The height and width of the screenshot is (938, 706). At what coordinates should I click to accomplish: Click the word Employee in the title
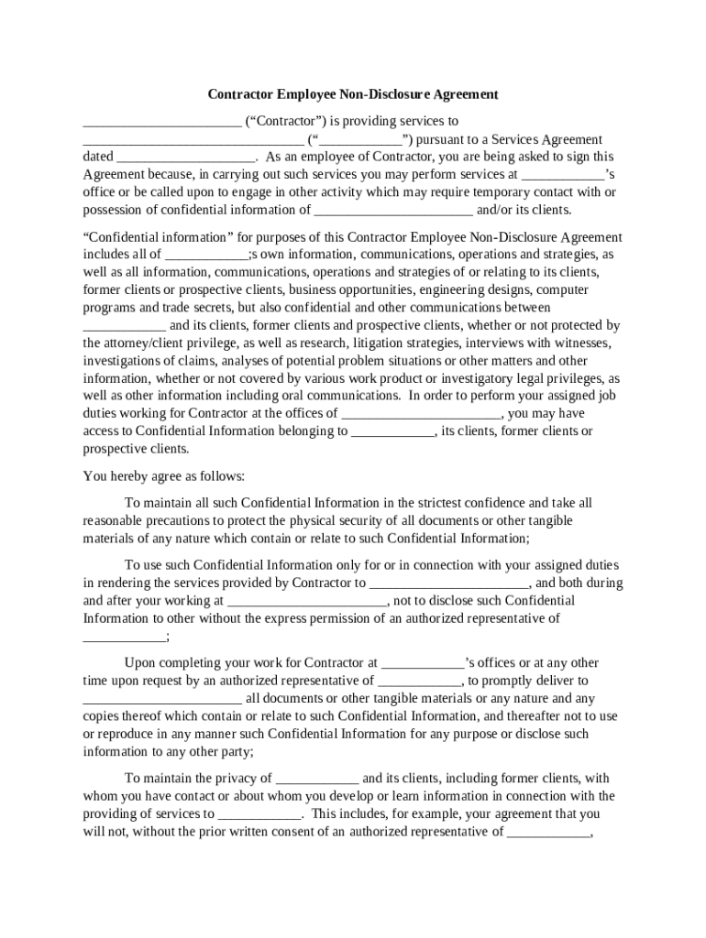(307, 93)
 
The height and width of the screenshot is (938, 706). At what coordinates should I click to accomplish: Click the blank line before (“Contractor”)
(161, 122)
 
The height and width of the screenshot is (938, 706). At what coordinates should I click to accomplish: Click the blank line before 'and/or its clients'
(393, 210)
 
